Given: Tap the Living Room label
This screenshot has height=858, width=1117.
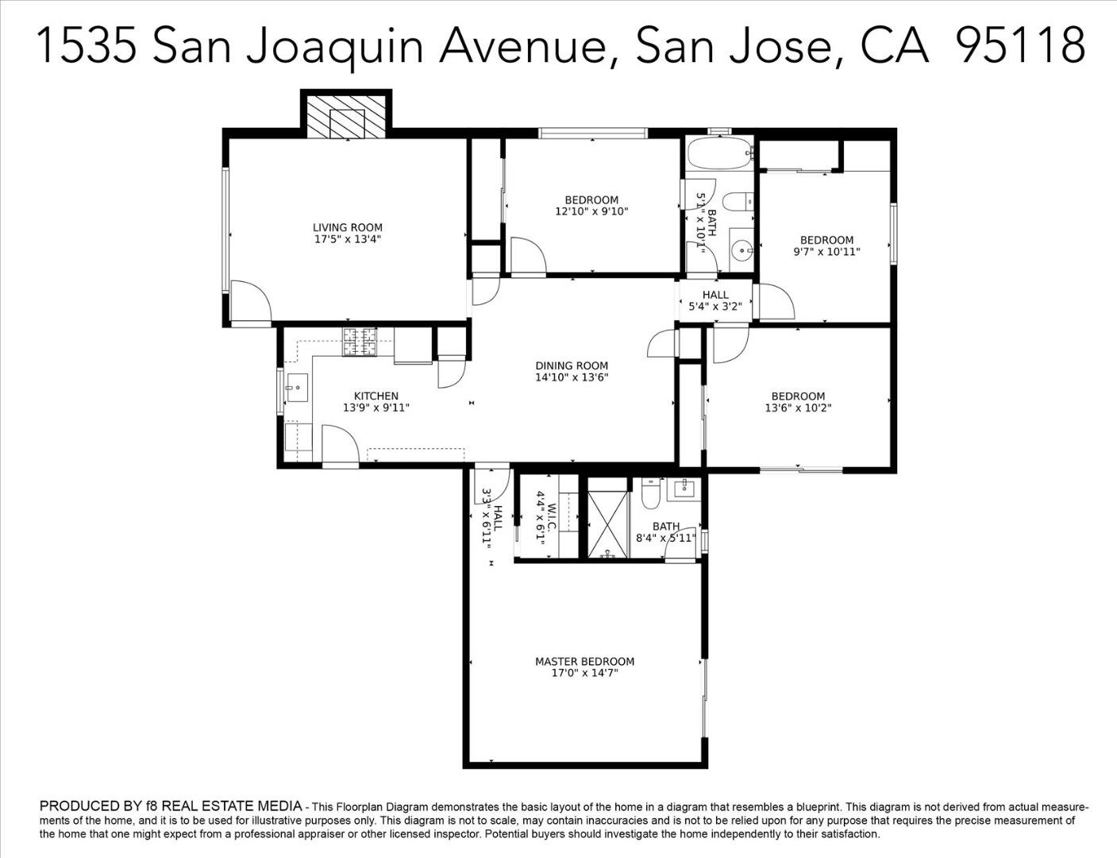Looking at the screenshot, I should click(x=347, y=227).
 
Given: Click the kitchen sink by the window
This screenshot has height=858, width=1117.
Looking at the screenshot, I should click(x=297, y=388).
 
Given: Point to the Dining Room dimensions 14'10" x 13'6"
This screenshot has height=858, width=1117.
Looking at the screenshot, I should click(x=572, y=378).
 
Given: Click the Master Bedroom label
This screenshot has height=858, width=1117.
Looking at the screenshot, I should click(x=584, y=661).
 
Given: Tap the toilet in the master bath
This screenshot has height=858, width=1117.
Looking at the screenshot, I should click(x=650, y=495).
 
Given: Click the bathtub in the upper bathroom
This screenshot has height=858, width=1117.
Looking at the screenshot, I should click(x=718, y=152).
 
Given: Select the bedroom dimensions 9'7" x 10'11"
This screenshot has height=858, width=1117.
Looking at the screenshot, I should click(x=826, y=252).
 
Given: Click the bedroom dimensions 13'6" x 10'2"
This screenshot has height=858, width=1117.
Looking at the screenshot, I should click(x=798, y=408).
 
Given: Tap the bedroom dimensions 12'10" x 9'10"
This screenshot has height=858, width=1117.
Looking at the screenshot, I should click(x=591, y=211).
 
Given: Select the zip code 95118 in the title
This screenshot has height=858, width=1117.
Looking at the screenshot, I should click(x=1020, y=45).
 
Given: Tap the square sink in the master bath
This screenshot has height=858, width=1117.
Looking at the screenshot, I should click(x=683, y=489).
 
